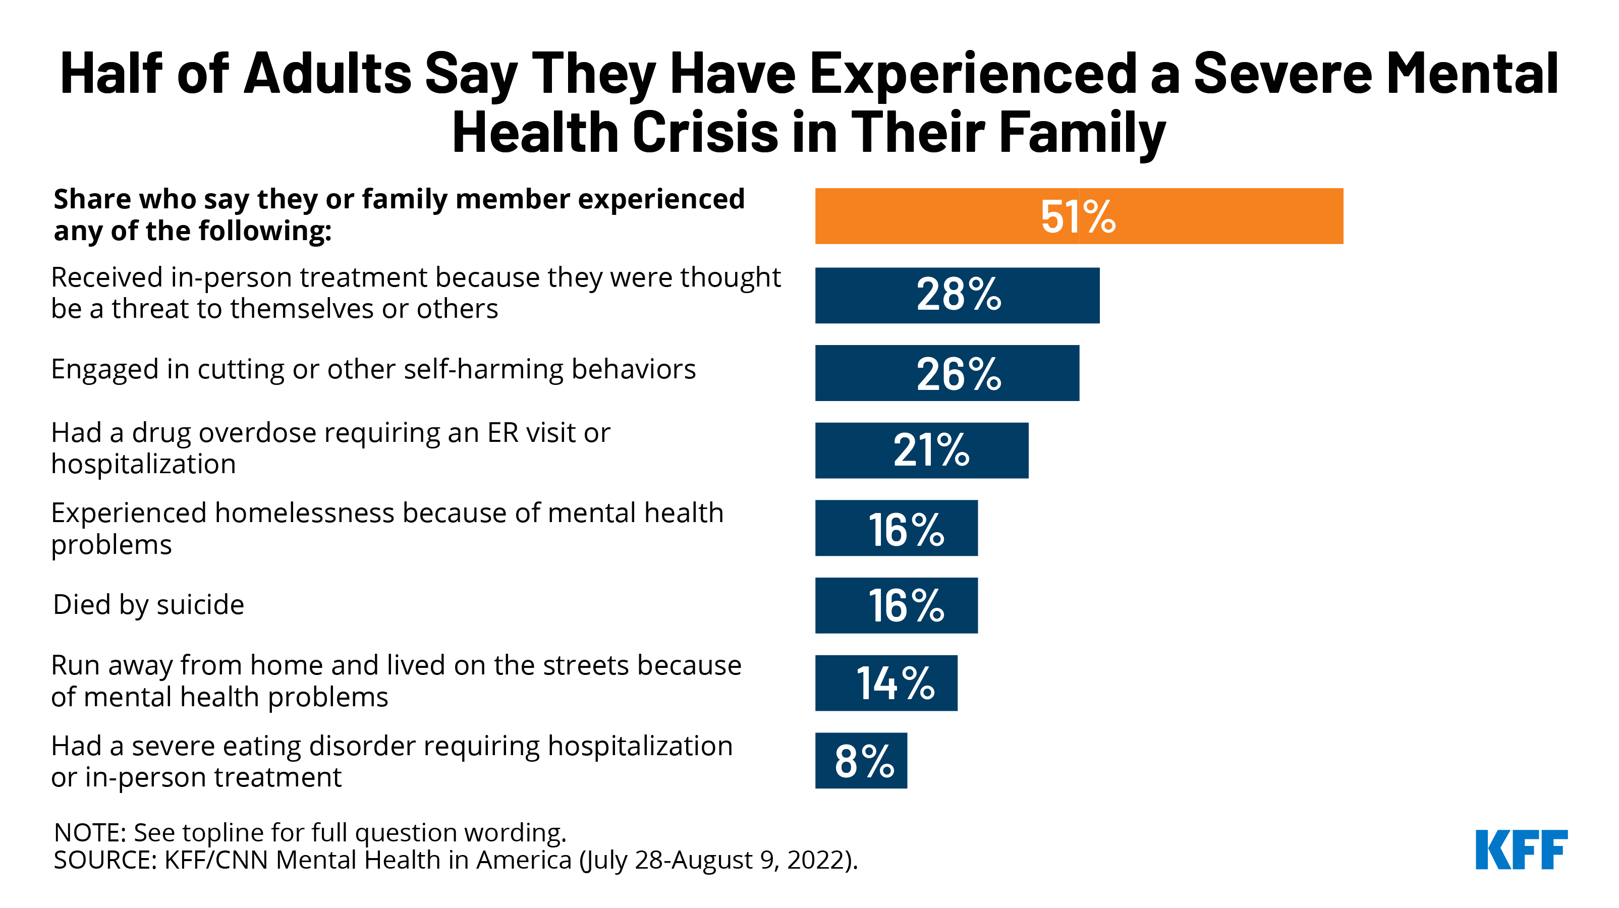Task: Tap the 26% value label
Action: [x=959, y=374]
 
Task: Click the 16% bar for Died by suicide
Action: [x=896, y=605]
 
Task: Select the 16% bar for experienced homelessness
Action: [x=896, y=528]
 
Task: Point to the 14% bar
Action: [x=886, y=683]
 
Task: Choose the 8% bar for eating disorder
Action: [x=861, y=760]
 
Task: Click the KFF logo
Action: [x=1521, y=849]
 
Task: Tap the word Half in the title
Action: [x=111, y=74]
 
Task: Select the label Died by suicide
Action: [x=148, y=604]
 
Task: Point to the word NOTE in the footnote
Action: [x=90, y=833]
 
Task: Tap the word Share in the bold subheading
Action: [x=92, y=199]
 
